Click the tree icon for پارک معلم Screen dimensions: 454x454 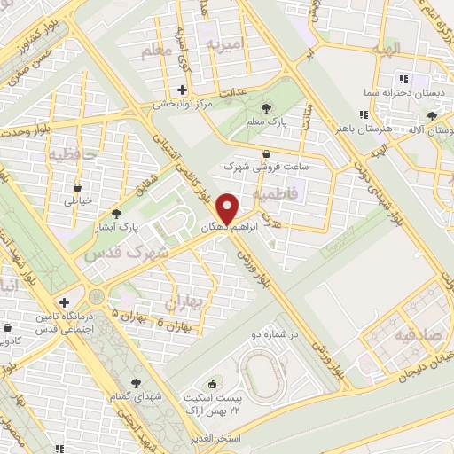(x=266, y=108)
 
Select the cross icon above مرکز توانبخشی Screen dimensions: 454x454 (x=182, y=90)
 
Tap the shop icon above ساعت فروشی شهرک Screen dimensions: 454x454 (x=266, y=154)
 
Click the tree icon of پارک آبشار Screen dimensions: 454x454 (x=116, y=214)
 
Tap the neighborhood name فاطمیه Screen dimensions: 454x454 (x=271, y=192)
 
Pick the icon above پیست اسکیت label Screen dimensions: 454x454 (x=212, y=384)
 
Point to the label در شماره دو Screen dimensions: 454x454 (x=275, y=336)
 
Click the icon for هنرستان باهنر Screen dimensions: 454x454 (x=363, y=114)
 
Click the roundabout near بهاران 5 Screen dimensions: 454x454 (x=96, y=294)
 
